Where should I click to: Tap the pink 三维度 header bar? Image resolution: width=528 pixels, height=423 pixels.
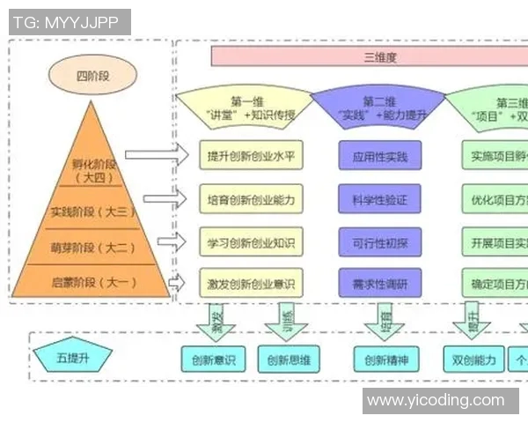coord(369,57)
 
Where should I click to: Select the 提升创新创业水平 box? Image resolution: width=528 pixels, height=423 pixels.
coord(251,156)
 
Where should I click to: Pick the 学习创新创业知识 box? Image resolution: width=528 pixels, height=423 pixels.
coord(251,241)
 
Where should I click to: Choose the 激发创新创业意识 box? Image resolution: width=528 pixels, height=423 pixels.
coord(251,283)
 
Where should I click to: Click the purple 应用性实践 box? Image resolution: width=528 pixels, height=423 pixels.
coord(379,156)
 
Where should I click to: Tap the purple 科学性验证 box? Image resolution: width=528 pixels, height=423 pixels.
coord(379,198)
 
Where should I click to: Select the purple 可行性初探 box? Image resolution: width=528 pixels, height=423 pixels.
coord(379,241)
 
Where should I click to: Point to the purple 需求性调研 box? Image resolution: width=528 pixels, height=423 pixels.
coord(379,283)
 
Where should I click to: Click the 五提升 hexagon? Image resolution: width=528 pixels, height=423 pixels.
coord(73,358)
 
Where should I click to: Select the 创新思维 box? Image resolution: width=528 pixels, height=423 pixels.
coord(290,359)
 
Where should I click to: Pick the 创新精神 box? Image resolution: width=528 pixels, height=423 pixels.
coord(386,359)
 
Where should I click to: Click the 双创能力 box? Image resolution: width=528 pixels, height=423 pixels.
coord(474,359)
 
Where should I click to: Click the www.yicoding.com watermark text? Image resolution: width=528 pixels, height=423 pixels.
coord(436,401)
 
